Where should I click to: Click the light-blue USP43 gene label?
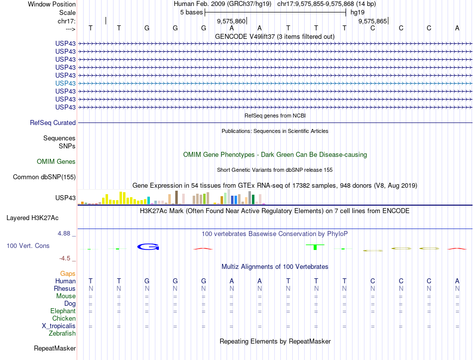[66, 83]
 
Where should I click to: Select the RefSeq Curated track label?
[53, 122]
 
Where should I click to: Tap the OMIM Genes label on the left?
[56, 161]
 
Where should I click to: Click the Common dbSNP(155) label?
[44, 177]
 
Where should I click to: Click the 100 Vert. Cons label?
[28, 246]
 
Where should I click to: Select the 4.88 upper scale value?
[65, 234]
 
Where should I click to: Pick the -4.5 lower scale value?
[66, 258]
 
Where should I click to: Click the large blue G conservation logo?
[148, 246]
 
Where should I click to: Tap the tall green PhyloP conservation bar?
[315, 247]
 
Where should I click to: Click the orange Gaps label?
[68, 273]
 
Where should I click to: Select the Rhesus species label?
[65, 288]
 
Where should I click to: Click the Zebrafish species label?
[62, 333]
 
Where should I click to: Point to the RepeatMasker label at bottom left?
[55, 348]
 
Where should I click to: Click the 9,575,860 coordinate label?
[231, 21]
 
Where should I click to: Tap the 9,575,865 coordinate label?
[372, 21]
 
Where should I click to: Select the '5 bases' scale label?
[191, 12]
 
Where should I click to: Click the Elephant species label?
[63, 311]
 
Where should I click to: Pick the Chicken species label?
[64, 318]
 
